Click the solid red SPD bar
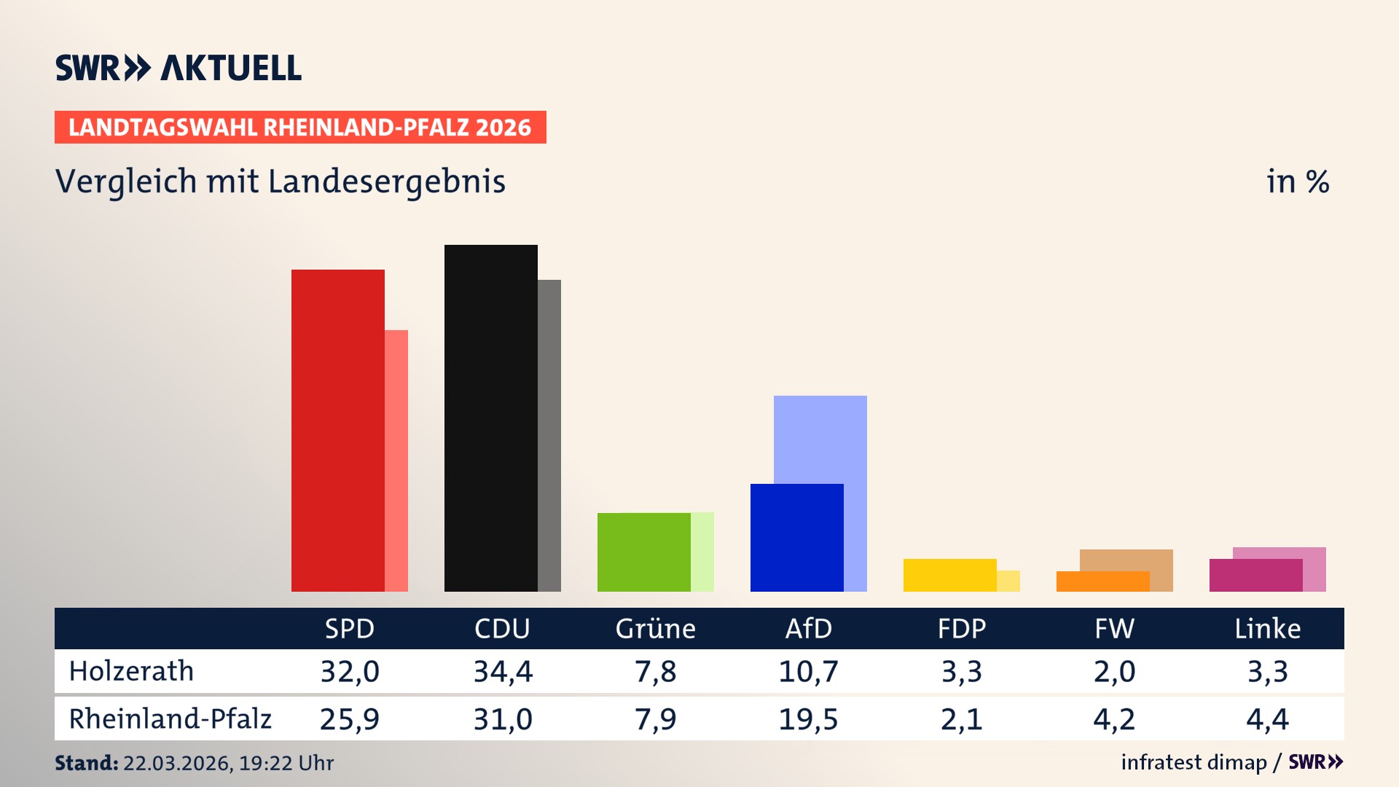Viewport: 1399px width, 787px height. (x=337, y=430)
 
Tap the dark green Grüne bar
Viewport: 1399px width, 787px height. (x=643, y=552)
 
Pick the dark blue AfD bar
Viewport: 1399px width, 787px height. (x=796, y=537)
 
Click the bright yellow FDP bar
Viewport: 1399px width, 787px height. (x=949, y=575)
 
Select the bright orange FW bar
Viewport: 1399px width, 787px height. (x=1102, y=582)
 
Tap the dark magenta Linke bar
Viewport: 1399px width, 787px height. (x=1255, y=575)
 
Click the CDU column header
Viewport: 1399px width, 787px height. (x=502, y=628)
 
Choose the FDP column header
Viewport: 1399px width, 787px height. (x=961, y=628)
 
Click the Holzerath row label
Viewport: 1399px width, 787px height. (x=131, y=671)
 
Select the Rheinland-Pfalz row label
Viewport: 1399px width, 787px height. (x=170, y=719)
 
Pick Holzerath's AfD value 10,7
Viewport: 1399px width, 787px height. (x=808, y=671)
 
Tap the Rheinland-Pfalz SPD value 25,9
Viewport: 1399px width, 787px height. (x=349, y=719)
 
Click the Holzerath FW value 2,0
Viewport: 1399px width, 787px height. (x=1114, y=671)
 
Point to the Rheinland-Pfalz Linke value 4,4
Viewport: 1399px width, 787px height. (x=1267, y=719)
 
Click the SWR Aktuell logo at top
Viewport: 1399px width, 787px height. (x=178, y=68)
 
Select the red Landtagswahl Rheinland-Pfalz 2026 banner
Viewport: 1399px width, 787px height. (x=300, y=128)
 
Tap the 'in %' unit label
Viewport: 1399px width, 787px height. (x=1297, y=181)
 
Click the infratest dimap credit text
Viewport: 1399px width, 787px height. (x=1194, y=762)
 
